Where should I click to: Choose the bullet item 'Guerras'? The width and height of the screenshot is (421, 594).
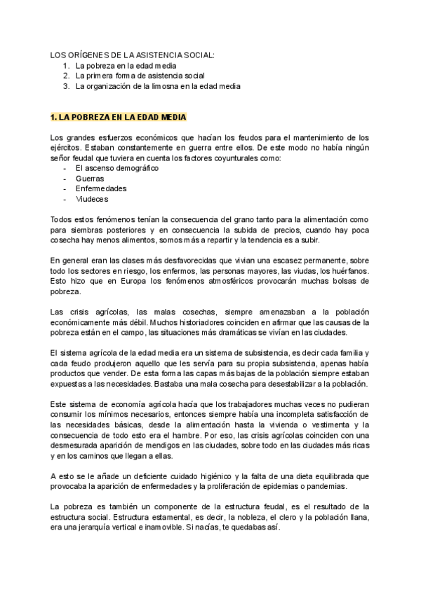pos(89,179)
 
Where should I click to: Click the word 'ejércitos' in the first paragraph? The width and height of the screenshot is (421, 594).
pos(65,148)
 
